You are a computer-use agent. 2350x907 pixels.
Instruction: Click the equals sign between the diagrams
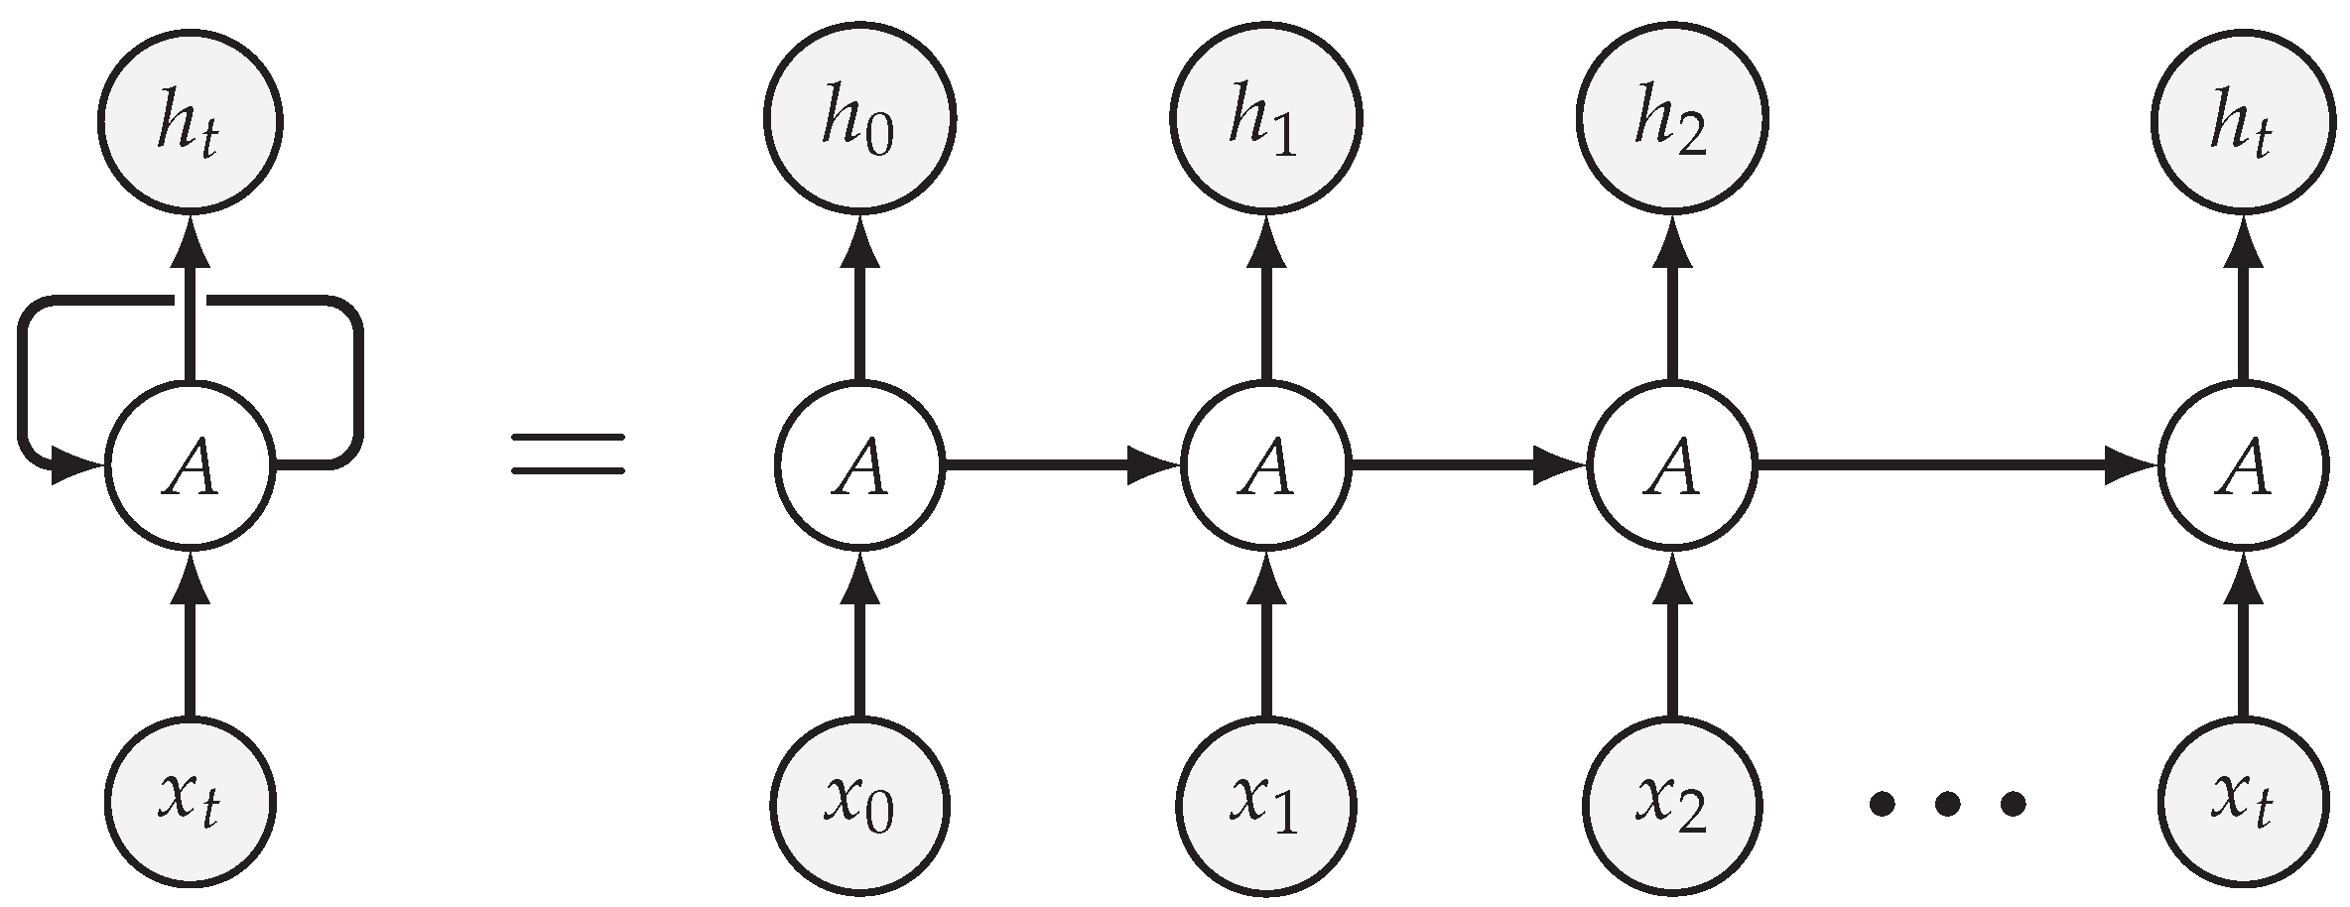coord(568,454)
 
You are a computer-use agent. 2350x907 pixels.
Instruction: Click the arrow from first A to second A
coord(1062,464)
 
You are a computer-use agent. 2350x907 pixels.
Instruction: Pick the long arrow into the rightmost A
coord(1955,464)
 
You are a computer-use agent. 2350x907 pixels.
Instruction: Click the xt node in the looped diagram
coord(191,802)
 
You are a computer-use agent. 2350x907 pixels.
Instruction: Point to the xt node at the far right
coord(2243,802)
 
